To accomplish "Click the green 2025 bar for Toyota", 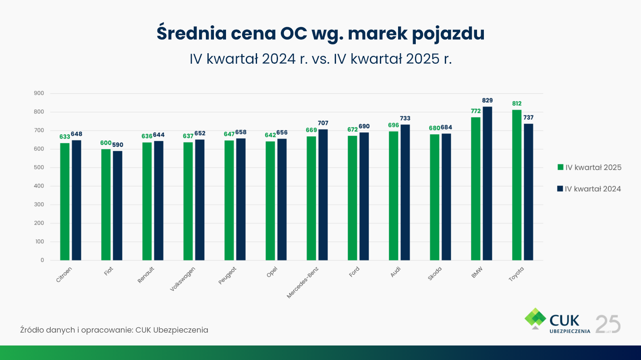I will click(x=517, y=185).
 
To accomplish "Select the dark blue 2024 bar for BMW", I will click(x=487, y=183).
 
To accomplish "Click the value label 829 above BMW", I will click(x=487, y=100).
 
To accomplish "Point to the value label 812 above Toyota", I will click(x=517, y=104).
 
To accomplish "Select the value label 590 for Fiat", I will click(x=118, y=145).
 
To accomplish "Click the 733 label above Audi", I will click(x=405, y=118).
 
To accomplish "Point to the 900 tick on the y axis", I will click(x=39, y=93).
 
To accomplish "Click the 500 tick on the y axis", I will click(x=39, y=167).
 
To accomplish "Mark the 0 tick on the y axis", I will click(x=42, y=260).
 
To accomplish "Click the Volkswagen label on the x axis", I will click(x=183, y=279).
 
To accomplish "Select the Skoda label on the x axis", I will click(x=435, y=274).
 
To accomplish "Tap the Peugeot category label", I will click(x=227, y=276).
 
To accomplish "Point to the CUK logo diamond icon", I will click(x=535, y=318).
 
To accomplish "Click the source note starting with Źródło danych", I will click(x=114, y=330).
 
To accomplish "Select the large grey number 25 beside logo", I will click(x=608, y=324).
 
